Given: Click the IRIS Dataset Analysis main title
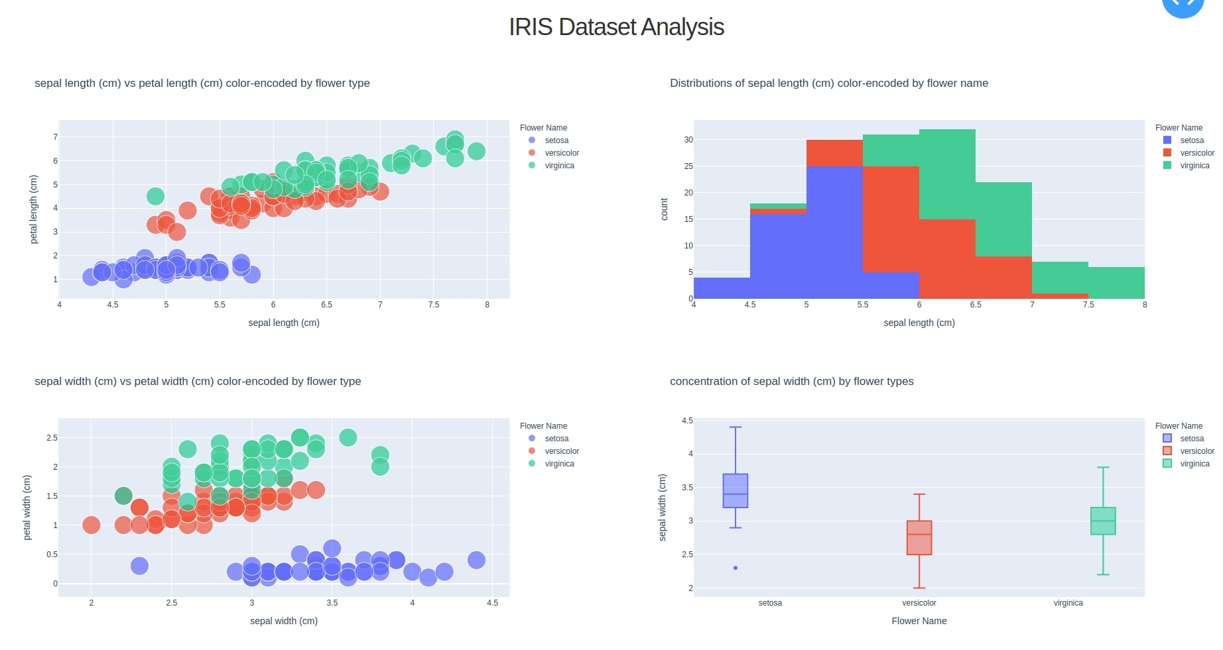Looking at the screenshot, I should click(x=616, y=27).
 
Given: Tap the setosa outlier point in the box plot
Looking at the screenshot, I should click(x=736, y=568).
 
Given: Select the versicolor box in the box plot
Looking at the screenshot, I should click(x=919, y=538).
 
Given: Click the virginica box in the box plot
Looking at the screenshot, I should click(x=1103, y=521).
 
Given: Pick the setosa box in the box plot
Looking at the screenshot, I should click(x=736, y=491).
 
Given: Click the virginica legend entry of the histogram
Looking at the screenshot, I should click(x=1194, y=166).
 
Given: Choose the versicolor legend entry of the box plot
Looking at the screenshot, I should click(x=1196, y=451).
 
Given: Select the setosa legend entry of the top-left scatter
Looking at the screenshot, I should click(x=556, y=140).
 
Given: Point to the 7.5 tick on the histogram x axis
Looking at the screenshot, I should click(x=1088, y=305).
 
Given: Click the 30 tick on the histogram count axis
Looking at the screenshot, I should click(x=688, y=140).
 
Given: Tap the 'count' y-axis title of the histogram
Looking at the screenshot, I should click(x=664, y=209).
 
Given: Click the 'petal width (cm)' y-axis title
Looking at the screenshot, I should click(x=27, y=507).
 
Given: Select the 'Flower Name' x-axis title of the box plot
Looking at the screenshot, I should click(x=919, y=621).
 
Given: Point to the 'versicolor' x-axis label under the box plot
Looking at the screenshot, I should click(x=919, y=603).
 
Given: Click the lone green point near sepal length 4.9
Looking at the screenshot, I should click(x=155, y=196).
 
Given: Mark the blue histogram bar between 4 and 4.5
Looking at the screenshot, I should click(x=722, y=288).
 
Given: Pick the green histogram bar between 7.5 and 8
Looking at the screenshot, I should click(x=1116, y=282).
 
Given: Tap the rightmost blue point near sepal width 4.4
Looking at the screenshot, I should click(x=476, y=560).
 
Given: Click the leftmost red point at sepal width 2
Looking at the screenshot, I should click(x=92, y=525).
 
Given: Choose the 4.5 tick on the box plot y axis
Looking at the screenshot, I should click(x=687, y=421).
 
